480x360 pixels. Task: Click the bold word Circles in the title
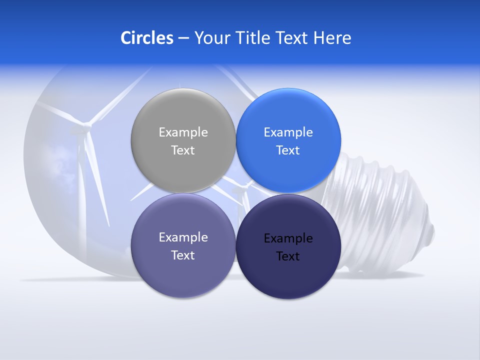(147, 38)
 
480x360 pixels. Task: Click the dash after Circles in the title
(183, 38)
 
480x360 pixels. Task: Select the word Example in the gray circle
(183, 132)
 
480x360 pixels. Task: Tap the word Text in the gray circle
(183, 150)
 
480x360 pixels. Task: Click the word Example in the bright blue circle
(288, 132)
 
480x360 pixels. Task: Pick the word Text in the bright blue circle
(288, 150)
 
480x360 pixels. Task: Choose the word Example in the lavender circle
(183, 237)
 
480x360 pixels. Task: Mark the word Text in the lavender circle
(183, 255)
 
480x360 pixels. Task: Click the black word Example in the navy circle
(288, 238)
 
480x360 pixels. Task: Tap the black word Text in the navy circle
(288, 256)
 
